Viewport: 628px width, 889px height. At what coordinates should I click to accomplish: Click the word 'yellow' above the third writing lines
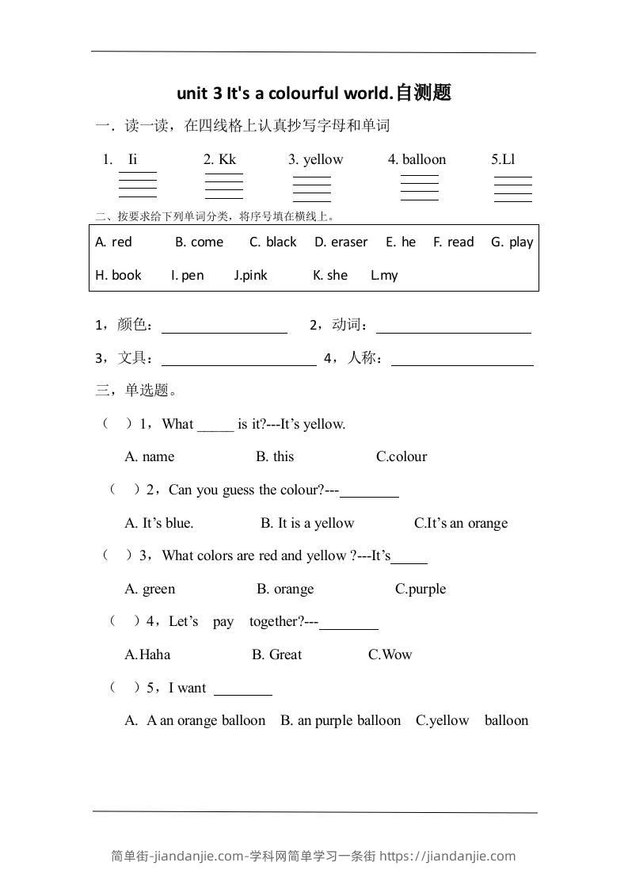pos(323,159)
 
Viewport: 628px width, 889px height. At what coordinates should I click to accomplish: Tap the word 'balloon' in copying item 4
pos(424,159)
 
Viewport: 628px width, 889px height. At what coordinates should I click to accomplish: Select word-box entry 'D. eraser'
pos(341,242)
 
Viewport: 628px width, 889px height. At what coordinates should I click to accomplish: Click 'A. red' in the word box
pos(113,242)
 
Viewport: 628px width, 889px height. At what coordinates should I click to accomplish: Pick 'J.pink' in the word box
pos(250,275)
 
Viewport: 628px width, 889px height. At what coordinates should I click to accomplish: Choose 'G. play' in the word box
pos(512,242)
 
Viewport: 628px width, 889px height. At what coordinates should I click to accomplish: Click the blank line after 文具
pos(238,360)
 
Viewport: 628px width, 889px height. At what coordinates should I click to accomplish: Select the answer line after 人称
pos(462,360)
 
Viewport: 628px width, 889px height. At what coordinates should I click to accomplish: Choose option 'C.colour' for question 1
pos(402,456)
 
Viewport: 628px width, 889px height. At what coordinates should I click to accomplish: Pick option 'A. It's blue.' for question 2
pos(159,523)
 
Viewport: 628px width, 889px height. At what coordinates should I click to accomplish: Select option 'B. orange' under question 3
pos(285,589)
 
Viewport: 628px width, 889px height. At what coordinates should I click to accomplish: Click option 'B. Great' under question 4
pos(277,654)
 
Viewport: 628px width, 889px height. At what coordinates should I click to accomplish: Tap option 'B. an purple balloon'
pos(341,720)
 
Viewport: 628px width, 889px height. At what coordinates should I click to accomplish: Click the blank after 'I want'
pos(243,689)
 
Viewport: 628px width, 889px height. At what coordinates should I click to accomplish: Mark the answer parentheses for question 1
pos(117,424)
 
